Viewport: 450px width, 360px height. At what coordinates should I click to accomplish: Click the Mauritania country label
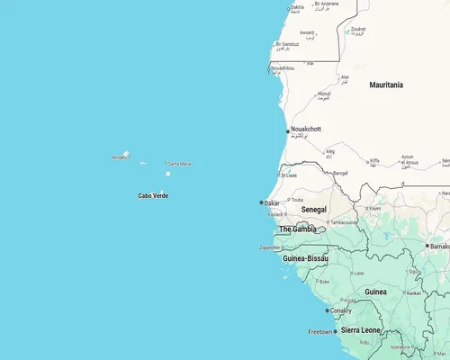[x=386, y=85]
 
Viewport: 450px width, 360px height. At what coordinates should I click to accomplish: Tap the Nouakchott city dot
[x=288, y=131]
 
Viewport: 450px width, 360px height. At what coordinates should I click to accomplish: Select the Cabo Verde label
[x=152, y=195]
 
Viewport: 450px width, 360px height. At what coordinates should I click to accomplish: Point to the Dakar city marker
[x=262, y=203]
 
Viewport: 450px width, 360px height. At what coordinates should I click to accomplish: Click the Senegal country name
[x=314, y=210]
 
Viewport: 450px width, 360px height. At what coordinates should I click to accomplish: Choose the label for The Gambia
[x=297, y=229]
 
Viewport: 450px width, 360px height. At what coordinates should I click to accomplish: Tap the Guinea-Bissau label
[x=305, y=258]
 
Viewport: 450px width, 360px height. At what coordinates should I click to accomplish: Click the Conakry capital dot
[x=327, y=310]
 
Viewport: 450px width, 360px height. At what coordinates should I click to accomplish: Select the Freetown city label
[x=320, y=332]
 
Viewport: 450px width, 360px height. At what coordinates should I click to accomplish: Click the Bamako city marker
[x=427, y=246]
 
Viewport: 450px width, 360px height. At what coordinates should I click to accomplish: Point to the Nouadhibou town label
[x=282, y=67]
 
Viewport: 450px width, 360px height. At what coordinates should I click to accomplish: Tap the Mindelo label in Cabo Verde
[x=120, y=157]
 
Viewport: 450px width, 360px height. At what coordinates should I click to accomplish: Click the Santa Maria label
[x=179, y=164]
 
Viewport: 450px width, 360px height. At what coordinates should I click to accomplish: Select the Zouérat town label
[x=357, y=30]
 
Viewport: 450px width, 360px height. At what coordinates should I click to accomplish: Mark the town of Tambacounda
[x=343, y=222]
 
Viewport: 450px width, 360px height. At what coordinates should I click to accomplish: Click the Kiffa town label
[x=375, y=161]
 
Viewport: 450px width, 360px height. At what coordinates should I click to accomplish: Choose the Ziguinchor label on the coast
[x=270, y=247]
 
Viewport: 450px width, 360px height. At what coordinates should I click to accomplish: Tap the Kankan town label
[x=413, y=292]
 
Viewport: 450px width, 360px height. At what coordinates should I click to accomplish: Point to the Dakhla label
[x=297, y=7]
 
